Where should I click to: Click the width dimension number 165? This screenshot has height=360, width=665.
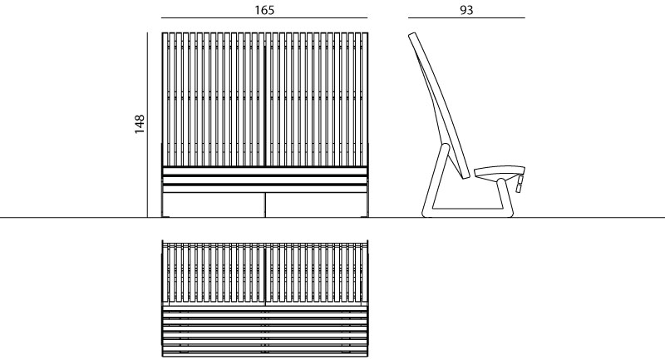(264, 10)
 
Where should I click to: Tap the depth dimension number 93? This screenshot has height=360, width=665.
(466, 10)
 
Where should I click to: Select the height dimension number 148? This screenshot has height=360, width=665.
(140, 124)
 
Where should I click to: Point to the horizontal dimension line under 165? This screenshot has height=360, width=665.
(264, 18)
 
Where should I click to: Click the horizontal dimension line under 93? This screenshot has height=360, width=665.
(466, 18)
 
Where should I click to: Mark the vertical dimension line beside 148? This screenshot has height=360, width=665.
(148, 125)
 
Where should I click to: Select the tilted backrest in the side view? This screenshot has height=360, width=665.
(439, 104)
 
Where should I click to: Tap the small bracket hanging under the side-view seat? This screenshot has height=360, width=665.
(519, 185)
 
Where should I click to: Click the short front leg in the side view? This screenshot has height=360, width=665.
(505, 197)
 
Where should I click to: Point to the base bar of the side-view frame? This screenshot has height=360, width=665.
(467, 213)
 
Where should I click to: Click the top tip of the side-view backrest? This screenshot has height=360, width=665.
(411, 34)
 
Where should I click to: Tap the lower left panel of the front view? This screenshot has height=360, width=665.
(214, 205)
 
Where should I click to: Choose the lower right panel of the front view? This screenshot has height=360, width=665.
(316, 205)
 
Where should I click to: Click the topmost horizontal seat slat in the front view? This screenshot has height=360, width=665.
(264, 171)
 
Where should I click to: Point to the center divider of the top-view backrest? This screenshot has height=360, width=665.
(264, 274)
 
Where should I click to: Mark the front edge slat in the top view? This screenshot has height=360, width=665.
(265, 353)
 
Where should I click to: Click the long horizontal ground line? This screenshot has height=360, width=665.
(332, 218)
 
